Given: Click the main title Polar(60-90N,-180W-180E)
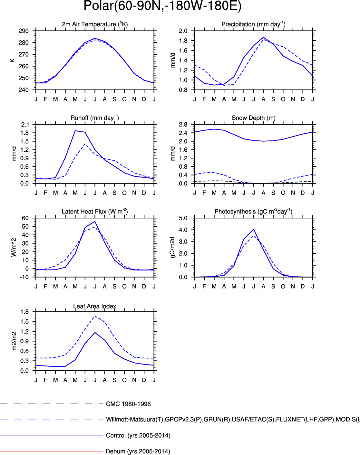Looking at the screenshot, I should (162, 6).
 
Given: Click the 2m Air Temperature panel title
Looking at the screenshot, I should (95, 24).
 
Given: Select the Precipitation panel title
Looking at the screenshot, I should (253, 24).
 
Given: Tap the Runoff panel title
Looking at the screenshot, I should (95, 118).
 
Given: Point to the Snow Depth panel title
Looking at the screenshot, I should (253, 118).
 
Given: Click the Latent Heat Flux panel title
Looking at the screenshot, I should (95, 212).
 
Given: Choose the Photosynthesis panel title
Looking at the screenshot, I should (253, 212).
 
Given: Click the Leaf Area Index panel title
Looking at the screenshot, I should (95, 306).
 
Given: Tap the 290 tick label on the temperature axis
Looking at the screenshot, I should (24, 31).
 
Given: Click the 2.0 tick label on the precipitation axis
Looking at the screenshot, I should (183, 31).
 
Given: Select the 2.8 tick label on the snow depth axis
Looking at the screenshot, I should (183, 125).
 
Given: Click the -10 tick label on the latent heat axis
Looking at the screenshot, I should (24, 277).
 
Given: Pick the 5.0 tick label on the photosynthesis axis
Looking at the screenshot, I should (183, 218).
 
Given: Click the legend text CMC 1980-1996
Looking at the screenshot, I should (128, 404).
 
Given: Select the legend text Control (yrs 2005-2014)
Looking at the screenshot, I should (138, 436).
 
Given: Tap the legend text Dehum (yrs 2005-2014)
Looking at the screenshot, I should (138, 451).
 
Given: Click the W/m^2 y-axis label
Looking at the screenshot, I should (14, 247).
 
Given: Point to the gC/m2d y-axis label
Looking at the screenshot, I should (172, 247).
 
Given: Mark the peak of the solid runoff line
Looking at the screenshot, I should (75, 131).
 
